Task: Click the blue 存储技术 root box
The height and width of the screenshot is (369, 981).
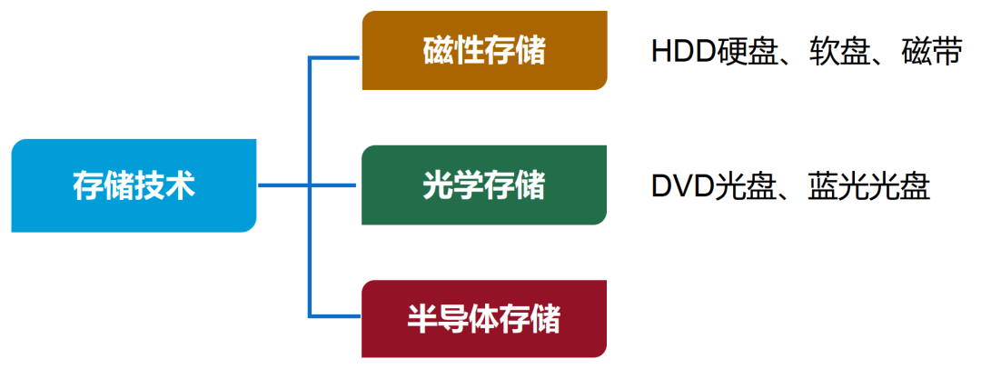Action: [x=134, y=185]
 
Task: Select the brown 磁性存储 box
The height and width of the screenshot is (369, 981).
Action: [x=484, y=51]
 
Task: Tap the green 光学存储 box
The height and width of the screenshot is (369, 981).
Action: [x=484, y=184]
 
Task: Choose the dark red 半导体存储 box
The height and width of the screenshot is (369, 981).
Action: [x=484, y=318]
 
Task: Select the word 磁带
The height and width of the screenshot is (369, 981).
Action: [x=931, y=52]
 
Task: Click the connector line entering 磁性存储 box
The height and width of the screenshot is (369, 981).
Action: [x=336, y=58]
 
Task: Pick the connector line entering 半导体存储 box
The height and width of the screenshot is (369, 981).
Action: [x=336, y=315]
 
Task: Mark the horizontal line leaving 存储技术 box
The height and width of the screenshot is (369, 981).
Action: [x=283, y=185]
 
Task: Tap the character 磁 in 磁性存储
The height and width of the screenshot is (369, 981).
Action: [x=438, y=51]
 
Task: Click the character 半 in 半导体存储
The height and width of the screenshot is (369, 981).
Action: [x=422, y=318]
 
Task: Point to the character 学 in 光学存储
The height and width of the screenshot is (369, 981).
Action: [x=469, y=184]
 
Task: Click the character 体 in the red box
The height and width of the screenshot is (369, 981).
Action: [x=484, y=318]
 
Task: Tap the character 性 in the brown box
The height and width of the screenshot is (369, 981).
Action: [x=469, y=51]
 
